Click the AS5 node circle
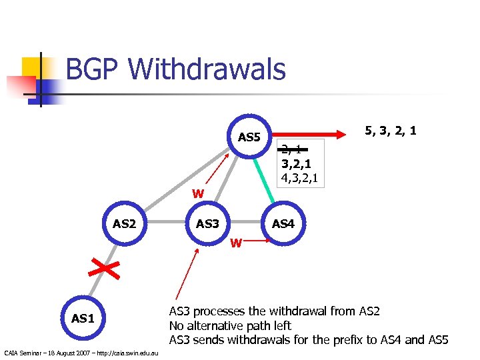tap(249, 137)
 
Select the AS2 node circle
tap(124, 223)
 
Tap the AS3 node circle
tap(207, 223)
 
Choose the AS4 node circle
tap(283, 223)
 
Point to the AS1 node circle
tap(83, 318)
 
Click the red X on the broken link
tap(104, 270)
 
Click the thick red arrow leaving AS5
tap(313, 131)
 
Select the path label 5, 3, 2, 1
tap(390, 131)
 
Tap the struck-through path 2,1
tap(291, 149)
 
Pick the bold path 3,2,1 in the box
tap(296, 163)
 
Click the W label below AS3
tap(235, 243)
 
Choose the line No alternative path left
tap(230, 326)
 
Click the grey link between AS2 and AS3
tap(166, 223)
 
